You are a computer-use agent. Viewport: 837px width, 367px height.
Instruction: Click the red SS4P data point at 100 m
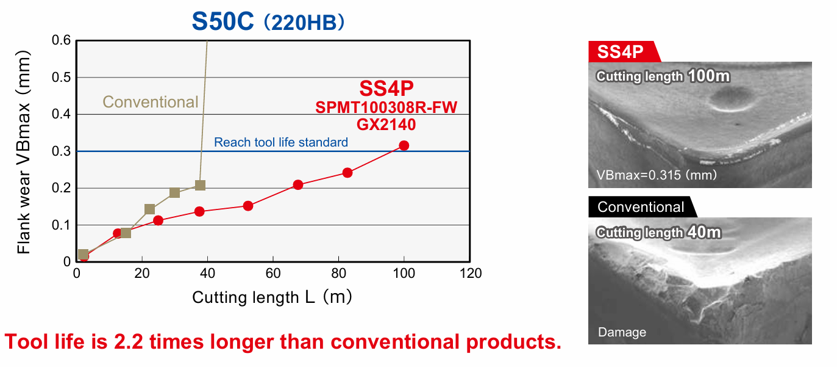point(404,145)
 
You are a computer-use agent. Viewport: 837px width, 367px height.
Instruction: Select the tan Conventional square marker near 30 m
point(174,193)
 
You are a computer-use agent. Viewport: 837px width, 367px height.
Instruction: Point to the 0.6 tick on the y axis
point(63,41)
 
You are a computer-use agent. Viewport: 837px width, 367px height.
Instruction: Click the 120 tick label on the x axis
point(469,273)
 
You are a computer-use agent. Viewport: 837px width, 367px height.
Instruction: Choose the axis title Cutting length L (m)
point(272,297)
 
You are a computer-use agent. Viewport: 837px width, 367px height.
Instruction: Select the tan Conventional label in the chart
point(151,102)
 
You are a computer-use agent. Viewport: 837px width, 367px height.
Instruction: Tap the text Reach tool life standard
point(281,142)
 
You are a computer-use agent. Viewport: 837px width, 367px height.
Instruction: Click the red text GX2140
point(386,125)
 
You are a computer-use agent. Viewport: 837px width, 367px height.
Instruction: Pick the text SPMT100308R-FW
point(386,108)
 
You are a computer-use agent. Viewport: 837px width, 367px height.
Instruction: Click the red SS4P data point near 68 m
point(298,184)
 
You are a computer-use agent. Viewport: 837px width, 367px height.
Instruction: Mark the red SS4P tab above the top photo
point(621,52)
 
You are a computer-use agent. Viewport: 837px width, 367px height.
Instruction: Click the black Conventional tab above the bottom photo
point(641,207)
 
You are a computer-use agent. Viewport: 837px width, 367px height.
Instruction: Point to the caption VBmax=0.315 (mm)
point(657,175)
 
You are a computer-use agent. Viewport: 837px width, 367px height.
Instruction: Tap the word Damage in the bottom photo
point(622,332)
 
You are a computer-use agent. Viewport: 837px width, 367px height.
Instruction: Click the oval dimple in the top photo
point(730,98)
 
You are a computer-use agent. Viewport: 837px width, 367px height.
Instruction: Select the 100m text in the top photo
point(709,76)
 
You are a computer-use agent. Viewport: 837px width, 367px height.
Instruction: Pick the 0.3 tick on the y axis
point(63,151)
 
